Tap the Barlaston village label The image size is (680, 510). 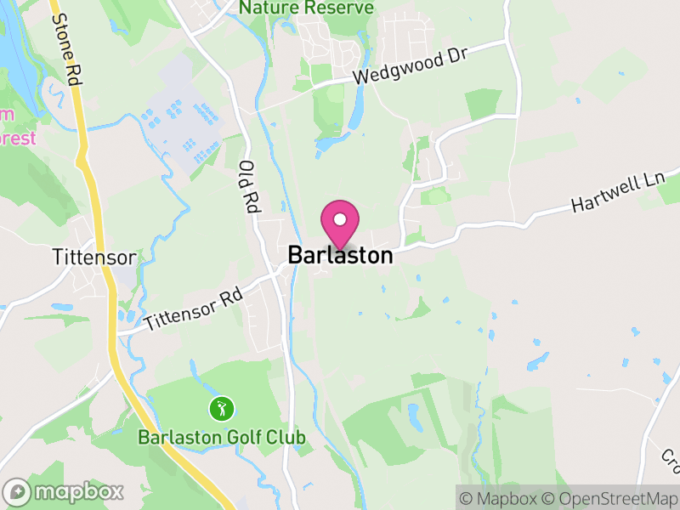click(x=340, y=255)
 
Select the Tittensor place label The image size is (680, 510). click(x=94, y=256)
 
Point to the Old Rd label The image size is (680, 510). click(x=248, y=185)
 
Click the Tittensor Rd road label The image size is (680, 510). click(x=194, y=309)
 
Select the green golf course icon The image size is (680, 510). click(x=221, y=408)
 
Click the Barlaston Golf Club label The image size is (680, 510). click(x=221, y=438)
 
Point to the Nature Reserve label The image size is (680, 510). click(x=306, y=8)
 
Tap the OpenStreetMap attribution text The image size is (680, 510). click(x=615, y=496)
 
